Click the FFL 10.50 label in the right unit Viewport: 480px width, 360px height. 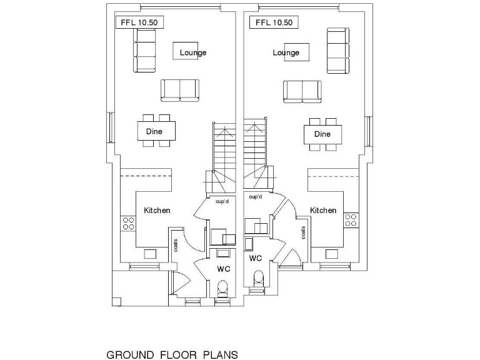point(274,22)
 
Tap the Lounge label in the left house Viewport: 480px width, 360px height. point(192,52)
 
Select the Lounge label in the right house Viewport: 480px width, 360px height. point(286,52)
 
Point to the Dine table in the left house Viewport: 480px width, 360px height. point(156,131)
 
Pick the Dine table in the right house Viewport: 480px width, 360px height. point(322,134)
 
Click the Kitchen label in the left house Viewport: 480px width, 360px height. point(157,211)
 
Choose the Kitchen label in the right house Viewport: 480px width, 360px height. point(323,211)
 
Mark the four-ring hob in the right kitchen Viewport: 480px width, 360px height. point(351,220)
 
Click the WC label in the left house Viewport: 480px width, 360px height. point(224,269)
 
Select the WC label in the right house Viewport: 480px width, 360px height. point(255,258)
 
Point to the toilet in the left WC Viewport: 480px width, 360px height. point(221,289)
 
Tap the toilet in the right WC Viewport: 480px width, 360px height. point(257,277)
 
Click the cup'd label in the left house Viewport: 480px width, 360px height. point(221,202)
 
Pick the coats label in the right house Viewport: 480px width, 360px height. point(303,232)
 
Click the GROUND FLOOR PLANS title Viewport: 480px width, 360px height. point(172,356)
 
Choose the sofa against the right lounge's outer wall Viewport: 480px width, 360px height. point(337,49)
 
